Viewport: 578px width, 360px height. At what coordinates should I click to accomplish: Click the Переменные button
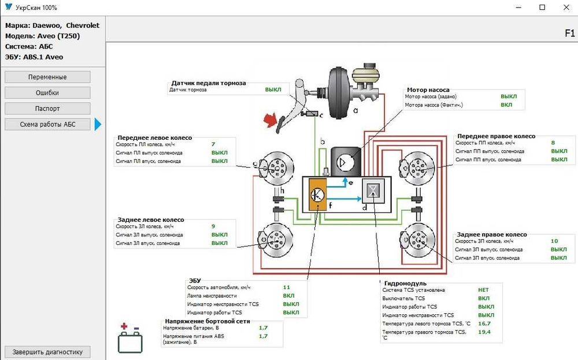47,77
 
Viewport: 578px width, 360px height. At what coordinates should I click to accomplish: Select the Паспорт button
47,108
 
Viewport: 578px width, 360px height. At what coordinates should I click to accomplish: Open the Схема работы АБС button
47,124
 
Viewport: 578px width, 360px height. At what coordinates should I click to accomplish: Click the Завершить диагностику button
47,352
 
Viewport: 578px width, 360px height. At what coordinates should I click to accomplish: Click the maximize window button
542,8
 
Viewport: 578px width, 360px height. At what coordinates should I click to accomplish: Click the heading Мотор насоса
428,90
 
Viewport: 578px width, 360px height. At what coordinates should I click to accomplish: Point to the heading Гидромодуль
405,284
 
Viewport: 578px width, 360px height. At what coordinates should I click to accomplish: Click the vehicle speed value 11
286,287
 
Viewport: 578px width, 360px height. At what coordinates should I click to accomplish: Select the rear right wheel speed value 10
554,241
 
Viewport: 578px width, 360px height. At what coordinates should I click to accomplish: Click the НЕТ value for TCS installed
483,290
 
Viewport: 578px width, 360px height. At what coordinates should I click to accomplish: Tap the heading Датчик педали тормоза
209,83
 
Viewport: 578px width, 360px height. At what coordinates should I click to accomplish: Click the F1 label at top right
569,34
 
